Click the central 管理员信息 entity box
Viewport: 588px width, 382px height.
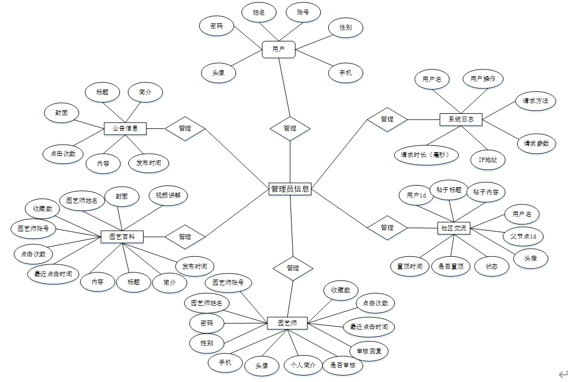tap(290, 189)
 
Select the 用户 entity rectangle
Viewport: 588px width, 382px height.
tap(279, 49)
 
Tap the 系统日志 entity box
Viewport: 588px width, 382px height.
tap(461, 119)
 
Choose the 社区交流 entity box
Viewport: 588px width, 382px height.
tap(453, 228)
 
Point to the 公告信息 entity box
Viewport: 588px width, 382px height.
tap(125, 128)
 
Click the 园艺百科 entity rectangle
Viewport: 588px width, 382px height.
tap(122, 236)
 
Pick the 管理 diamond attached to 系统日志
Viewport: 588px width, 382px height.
tap(387, 119)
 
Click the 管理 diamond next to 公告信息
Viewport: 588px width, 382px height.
tap(185, 128)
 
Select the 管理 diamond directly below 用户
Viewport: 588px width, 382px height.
tap(290, 128)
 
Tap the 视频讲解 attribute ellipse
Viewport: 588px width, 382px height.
tap(168, 195)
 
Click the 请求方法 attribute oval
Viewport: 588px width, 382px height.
tap(535, 100)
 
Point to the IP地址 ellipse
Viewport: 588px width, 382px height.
tap(488, 160)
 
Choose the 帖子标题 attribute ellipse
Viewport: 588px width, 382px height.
tap(449, 190)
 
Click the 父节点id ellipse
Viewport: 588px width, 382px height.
tap(523, 236)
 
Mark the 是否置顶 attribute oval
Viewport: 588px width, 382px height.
tap(451, 266)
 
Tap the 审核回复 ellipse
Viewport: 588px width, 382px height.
tap(369, 351)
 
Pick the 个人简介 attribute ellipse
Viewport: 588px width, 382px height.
tap(303, 365)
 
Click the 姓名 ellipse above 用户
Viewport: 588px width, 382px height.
tap(259, 12)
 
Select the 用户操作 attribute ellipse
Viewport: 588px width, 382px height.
tap(483, 79)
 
